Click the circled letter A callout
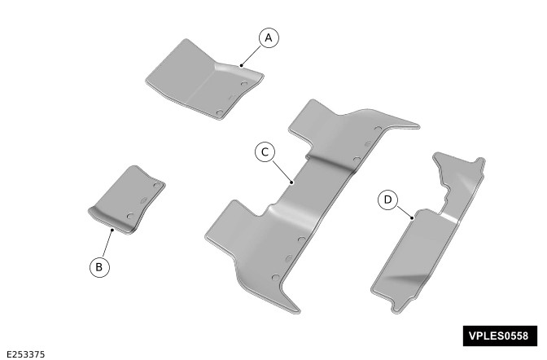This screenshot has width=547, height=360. coord(269,37)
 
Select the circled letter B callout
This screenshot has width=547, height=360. coord(99,267)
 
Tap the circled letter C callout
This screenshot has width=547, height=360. coord(265,151)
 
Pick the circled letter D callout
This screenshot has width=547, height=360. coord(388,200)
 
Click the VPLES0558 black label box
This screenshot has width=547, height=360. coord(500,336)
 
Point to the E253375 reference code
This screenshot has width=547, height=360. coord(26,354)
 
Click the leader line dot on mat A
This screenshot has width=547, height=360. coord(242,65)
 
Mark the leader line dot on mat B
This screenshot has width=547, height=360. coord(112,230)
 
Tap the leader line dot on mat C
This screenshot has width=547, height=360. coord(291,182)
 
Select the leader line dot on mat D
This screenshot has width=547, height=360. coord(412,218)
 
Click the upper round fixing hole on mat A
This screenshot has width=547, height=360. coord(244,84)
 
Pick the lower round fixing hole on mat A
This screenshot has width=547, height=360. coord(220,112)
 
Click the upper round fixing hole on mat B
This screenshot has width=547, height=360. coord(157,184)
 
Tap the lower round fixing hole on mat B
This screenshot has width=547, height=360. coord(130,216)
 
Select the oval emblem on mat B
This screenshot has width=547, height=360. coord(143,200)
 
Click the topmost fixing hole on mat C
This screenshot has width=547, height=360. coord(379,129)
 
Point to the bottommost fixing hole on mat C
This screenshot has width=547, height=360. coord(276,278)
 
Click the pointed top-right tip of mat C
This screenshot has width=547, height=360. coord(419,125)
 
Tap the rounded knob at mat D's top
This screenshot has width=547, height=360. coord(481,161)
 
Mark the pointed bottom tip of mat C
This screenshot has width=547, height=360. coord(299,312)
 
